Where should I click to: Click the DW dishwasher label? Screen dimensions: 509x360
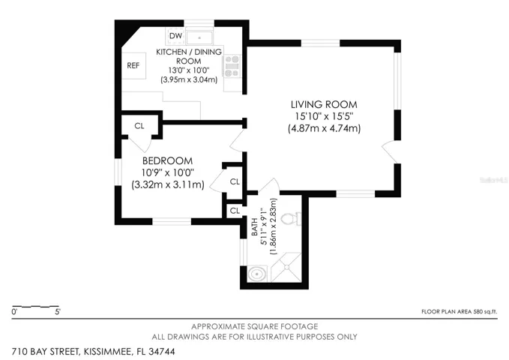click(x=176, y=35)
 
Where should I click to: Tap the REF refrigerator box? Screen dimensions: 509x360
click(x=133, y=65)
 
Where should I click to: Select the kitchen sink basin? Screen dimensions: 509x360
click(x=199, y=37)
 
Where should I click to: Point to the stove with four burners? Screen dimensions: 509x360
click(x=232, y=66)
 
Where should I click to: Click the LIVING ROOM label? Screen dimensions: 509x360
click(x=324, y=104)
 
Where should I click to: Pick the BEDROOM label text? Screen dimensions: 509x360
click(x=167, y=160)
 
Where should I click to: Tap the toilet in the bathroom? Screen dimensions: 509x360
click(x=291, y=219)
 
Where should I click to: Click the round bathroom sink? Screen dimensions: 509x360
click(x=257, y=274)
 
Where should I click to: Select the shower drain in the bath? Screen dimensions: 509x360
click(x=286, y=267)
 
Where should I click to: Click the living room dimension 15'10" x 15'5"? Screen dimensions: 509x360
click(x=324, y=116)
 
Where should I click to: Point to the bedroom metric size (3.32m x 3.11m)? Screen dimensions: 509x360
click(x=168, y=184)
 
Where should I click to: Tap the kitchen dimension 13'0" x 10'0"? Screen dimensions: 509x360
click(x=189, y=70)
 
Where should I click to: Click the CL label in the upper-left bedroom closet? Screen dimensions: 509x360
click(x=139, y=126)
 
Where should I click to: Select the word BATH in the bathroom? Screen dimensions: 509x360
click(x=255, y=226)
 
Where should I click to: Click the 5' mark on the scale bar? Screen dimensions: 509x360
click(x=58, y=312)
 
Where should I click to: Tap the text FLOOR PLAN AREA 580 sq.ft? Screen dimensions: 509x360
click(x=460, y=311)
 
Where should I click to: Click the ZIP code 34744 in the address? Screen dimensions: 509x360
click(x=162, y=352)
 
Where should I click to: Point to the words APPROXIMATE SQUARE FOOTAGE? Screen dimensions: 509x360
click(x=255, y=326)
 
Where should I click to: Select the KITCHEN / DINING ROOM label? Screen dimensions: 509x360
click(x=189, y=56)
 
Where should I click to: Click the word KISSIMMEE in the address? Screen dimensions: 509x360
click(x=108, y=352)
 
